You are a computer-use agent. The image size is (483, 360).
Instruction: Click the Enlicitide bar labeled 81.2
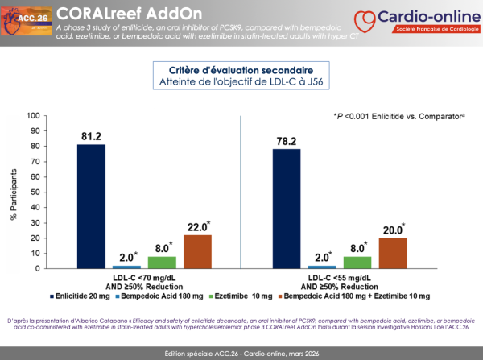pos(91,205)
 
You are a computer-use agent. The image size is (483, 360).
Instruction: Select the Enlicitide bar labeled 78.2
pos(287,208)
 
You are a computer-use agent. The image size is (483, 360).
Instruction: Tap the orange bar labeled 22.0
pos(197,251)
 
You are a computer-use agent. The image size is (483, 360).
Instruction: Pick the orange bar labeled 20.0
pos(393,253)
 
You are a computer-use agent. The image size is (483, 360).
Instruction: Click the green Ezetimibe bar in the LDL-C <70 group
pos(162,262)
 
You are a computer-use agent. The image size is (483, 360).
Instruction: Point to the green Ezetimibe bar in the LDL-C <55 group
pos(357,262)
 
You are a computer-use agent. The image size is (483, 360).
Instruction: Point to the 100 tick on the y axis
pos(33,115)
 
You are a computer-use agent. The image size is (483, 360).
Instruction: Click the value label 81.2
pos(91,137)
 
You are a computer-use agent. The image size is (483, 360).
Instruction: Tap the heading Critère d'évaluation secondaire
pos(242,68)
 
